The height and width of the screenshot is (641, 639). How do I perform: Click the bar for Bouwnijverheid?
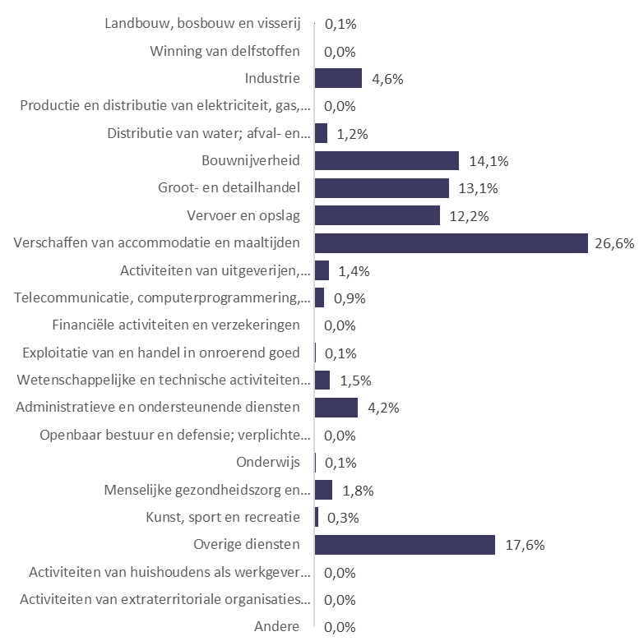click(387, 160)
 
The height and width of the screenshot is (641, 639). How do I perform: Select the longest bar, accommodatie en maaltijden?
click(451, 243)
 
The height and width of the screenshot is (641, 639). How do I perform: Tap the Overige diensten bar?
click(405, 545)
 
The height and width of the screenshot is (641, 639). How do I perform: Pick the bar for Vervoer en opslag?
click(377, 215)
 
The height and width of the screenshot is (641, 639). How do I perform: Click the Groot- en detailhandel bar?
click(382, 188)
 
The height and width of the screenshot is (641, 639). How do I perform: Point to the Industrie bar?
click(338, 78)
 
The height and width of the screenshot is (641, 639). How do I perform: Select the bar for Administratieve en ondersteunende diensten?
click(336, 408)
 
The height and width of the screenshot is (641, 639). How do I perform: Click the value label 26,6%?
click(614, 243)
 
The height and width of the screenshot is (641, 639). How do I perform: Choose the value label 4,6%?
click(385, 79)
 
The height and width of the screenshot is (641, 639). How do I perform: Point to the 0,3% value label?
click(343, 518)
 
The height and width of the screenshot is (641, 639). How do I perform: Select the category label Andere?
click(277, 627)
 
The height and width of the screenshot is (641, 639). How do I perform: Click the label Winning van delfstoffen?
click(225, 51)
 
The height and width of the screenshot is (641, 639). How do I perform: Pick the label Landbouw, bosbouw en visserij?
click(202, 23)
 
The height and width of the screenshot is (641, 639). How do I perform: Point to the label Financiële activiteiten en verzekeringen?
click(175, 325)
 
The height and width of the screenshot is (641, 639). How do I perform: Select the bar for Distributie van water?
click(321, 133)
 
